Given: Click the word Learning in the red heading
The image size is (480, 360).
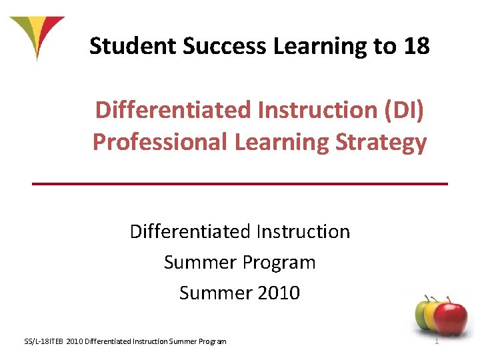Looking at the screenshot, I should tap(283, 141).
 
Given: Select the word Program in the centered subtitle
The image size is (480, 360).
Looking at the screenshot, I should tap(281, 262).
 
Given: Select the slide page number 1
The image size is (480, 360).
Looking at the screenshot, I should tap(436, 342).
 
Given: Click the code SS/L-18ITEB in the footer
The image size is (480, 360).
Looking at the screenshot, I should tap(45, 342).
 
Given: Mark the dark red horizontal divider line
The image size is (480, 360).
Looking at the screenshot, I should tap(240, 183).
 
